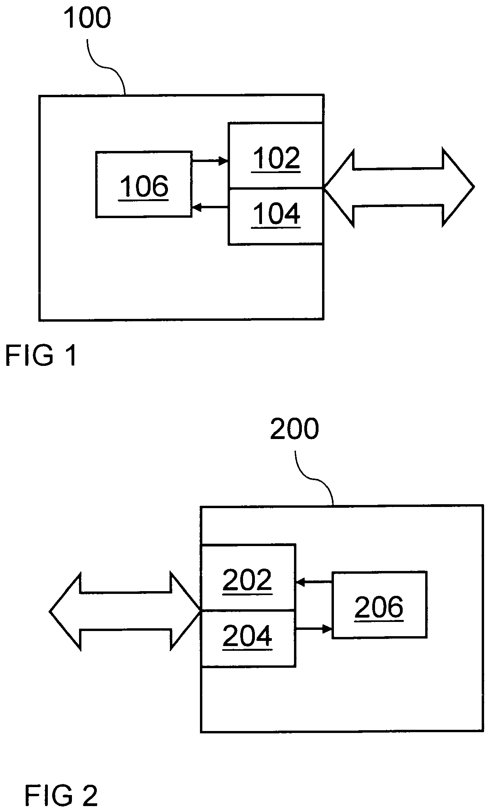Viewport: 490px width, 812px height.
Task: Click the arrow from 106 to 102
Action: click(210, 161)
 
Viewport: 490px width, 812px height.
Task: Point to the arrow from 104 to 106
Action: click(210, 207)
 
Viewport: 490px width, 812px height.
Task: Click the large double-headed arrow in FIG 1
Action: click(399, 187)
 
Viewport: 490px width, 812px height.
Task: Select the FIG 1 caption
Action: click(40, 355)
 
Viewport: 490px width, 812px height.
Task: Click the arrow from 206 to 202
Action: click(314, 582)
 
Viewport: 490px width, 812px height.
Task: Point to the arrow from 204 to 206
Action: click(314, 629)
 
